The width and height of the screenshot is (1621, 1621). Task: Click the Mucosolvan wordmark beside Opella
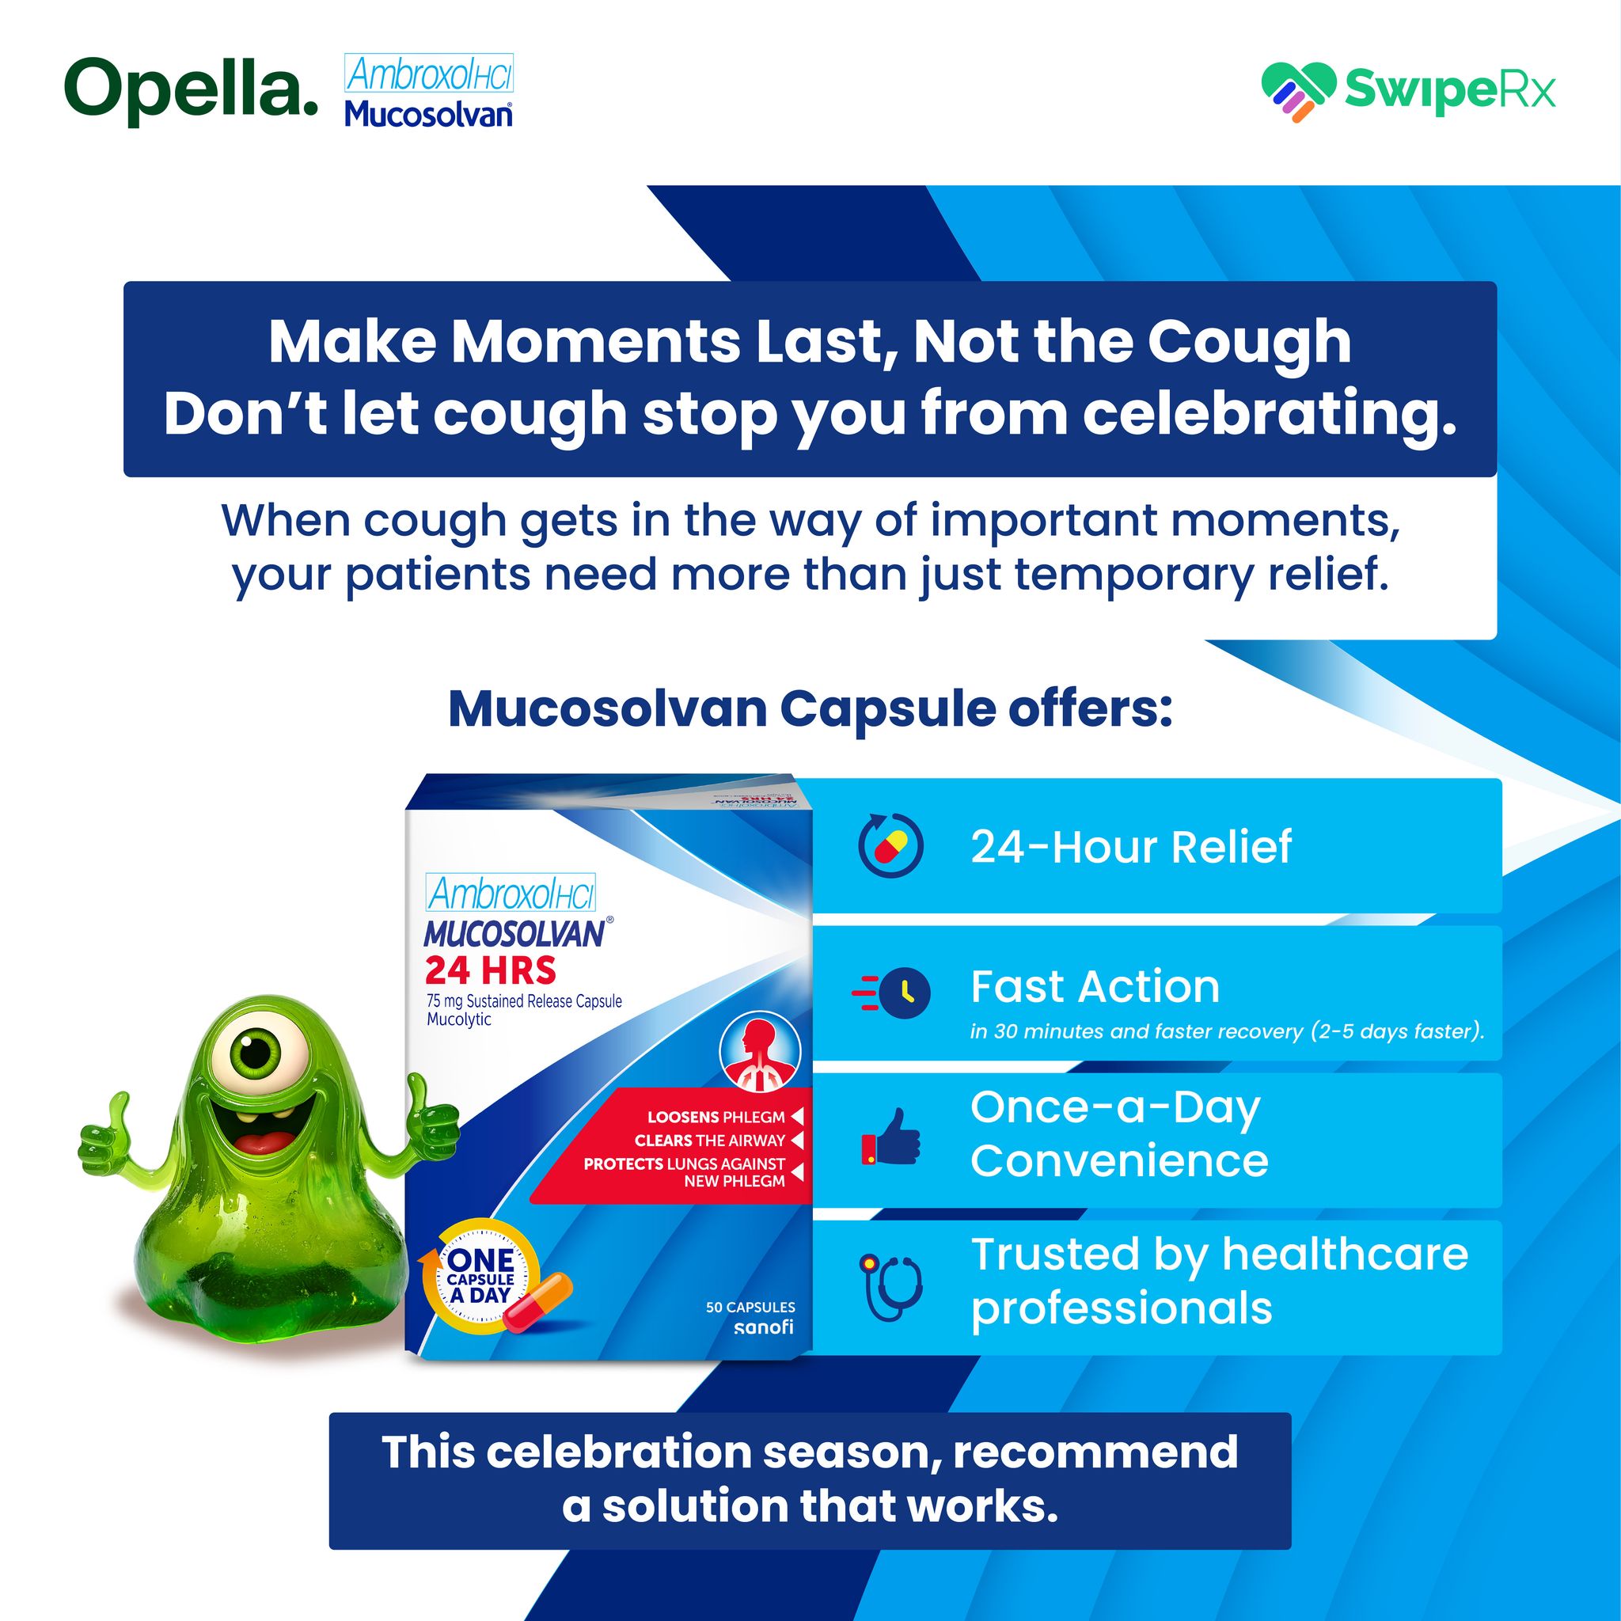coord(428,113)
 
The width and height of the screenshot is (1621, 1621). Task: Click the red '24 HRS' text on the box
coord(490,970)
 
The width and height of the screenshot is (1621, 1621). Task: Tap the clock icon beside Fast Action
coord(891,993)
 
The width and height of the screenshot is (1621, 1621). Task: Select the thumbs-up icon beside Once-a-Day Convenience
coord(891,1138)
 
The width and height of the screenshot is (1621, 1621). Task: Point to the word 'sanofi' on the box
coord(764,1327)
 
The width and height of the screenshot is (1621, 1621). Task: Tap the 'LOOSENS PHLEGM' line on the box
coord(716,1118)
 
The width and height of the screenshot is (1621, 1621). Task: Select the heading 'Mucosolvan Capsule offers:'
coord(810,710)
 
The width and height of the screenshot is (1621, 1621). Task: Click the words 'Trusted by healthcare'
coord(1220,1255)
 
